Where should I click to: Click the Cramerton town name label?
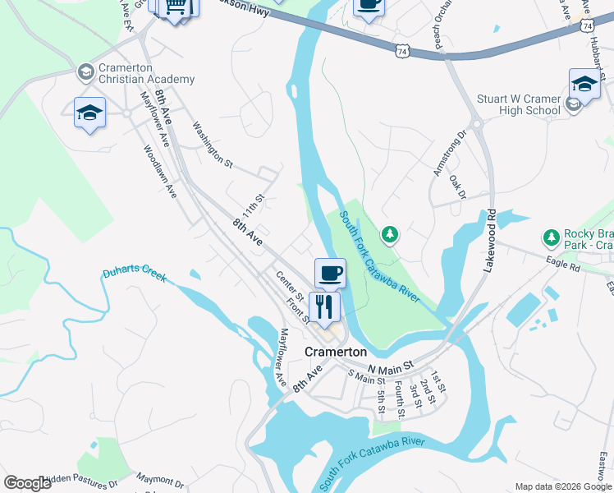tap(335, 351)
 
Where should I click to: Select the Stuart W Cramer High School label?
tap(519, 104)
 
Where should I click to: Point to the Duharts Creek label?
tap(135, 274)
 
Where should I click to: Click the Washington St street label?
tap(213, 144)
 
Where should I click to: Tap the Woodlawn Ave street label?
tap(160, 171)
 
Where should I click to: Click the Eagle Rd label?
tap(563, 265)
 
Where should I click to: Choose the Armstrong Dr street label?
tap(450, 154)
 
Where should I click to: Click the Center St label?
tap(290, 286)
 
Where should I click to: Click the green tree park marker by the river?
tap(391, 235)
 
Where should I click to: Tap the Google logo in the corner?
tap(27, 483)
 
